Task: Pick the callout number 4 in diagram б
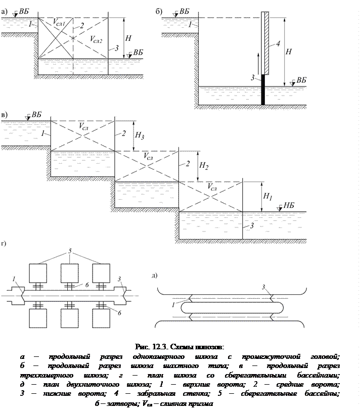[278, 44]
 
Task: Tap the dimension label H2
[204, 165]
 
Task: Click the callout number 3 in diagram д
[263, 287]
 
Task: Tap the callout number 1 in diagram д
[174, 304]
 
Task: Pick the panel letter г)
[5, 243]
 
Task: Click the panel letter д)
[154, 275]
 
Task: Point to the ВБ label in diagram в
[36, 114]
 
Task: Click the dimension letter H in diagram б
[288, 51]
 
